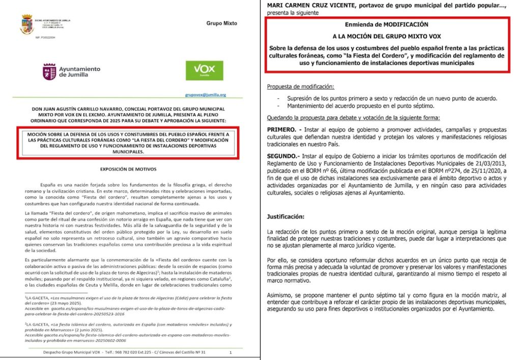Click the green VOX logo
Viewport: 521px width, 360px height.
[x=204, y=71]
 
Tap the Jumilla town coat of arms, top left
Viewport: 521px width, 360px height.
[x=26, y=24]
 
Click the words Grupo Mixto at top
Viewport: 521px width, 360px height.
[x=222, y=23]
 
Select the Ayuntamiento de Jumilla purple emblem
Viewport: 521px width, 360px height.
[x=49, y=71]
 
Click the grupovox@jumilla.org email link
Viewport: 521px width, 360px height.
[x=206, y=95]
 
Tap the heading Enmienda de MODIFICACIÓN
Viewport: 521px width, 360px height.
[x=387, y=24]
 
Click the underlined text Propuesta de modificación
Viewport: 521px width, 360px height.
[x=301, y=87]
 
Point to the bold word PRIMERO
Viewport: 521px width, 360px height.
[x=283, y=130]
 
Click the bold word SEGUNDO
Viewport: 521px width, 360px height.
[x=284, y=155]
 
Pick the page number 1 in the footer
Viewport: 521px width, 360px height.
[x=230, y=352]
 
